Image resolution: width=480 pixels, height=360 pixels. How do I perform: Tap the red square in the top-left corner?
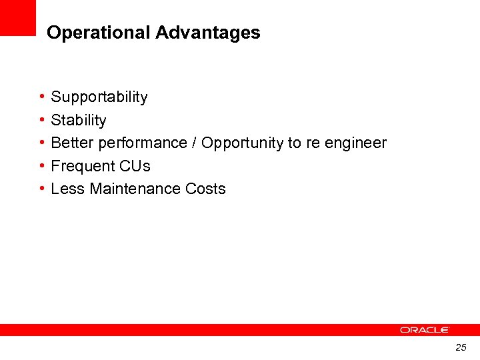coord(17,17)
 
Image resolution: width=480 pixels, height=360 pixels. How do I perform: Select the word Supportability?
coord(99,97)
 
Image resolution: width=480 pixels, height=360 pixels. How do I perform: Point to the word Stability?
coord(79,121)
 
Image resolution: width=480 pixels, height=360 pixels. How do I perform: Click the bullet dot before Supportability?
coord(42,97)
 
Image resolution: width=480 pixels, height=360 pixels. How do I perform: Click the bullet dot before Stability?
coord(42,120)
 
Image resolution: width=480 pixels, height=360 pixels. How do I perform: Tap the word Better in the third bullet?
coord(72,143)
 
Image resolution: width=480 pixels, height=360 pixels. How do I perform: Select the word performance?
coord(143,143)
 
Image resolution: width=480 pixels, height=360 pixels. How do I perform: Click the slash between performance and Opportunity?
coord(195,143)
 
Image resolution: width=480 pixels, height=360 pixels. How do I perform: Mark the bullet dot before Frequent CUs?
coord(42,166)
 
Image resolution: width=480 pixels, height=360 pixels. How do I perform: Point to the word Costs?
coord(205,189)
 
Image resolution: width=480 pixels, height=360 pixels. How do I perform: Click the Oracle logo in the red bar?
coord(425,330)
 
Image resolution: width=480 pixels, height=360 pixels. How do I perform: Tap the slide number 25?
coord(461,347)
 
